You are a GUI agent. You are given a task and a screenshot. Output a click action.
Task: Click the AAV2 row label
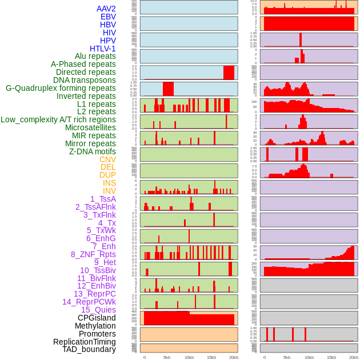[x=106, y=9]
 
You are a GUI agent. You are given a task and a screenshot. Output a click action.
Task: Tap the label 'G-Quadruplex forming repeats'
[x=61, y=88]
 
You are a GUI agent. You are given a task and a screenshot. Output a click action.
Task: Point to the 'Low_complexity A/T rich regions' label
[x=58, y=119]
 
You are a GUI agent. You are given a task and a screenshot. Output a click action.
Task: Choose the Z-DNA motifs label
[x=92, y=151]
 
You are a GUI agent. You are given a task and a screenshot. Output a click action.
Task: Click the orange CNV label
[x=107, y=159]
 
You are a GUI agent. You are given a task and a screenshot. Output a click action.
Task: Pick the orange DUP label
[x=107, y=175]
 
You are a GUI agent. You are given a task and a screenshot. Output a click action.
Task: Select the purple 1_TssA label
[x=103, y=199]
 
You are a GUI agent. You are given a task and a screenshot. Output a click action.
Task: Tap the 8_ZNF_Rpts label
[x=93, y=254]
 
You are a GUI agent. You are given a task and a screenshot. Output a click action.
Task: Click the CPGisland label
[x=97, y=318]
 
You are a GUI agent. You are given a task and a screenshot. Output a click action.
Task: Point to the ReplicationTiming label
[x=85, y=342]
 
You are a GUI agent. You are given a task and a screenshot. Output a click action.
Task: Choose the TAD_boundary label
[x=89, y=349]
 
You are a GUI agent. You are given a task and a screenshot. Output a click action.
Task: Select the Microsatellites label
[x=90, y=127]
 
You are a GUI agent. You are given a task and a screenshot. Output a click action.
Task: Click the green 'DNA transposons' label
[x=85, y=80]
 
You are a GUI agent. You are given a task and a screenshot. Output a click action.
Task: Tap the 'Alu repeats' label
[x=95, y=56]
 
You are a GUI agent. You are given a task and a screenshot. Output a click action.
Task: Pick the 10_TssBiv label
[x=98, y=270]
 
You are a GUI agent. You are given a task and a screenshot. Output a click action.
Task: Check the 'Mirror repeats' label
[x=91, y=143]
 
